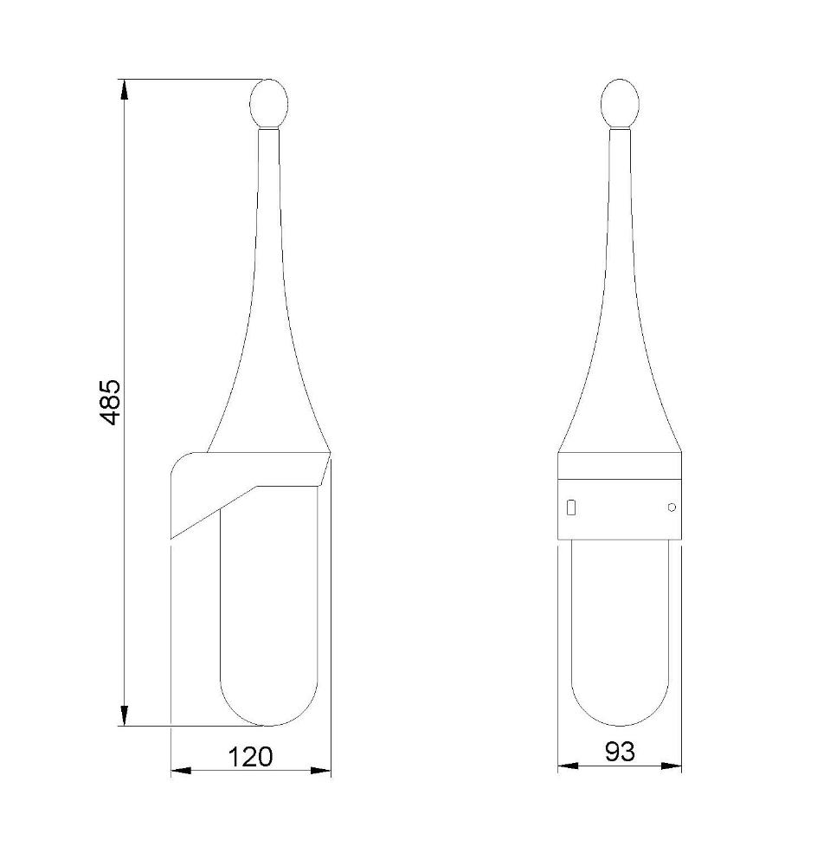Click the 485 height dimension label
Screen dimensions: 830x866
(111, 402)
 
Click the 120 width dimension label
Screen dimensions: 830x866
(250, 757)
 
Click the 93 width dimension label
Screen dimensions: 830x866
(620, 752)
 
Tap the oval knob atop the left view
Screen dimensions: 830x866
(269, 103)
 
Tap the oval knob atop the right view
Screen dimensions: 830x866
(620, 103)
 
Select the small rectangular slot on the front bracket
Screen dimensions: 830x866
(572, 507)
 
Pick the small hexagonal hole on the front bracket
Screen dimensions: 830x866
(671, 507)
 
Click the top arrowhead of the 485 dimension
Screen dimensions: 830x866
(125, 90)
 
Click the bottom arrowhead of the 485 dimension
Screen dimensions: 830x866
(125, 716)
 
